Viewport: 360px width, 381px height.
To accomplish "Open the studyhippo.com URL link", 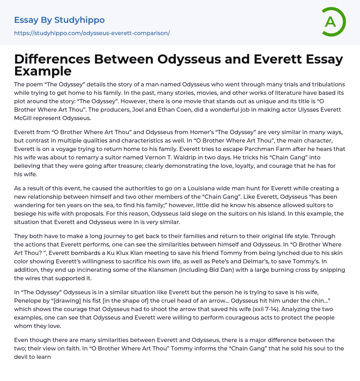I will (92, 33).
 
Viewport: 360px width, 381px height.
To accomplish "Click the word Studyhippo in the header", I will (79, 20).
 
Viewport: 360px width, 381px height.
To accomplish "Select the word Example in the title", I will (43, 71).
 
